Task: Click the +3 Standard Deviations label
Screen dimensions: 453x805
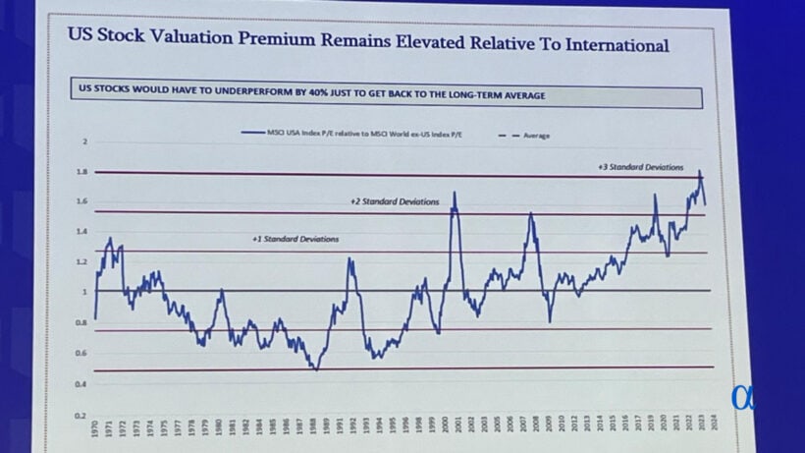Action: [x=639, y=168]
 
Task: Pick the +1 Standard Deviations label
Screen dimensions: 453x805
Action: [x=295, y=239]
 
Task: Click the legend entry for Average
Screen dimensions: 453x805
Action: [x=529, y=136]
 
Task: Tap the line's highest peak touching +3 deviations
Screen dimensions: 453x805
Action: [x=699, y=173]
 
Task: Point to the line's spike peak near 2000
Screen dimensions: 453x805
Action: [x=454, y=194]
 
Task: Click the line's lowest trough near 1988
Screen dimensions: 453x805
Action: [x=315, y=368]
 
